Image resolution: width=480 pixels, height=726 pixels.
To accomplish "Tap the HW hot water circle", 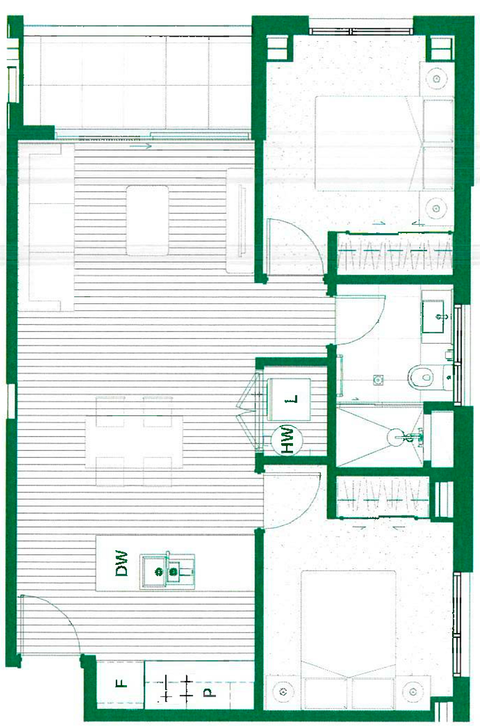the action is (287, 440).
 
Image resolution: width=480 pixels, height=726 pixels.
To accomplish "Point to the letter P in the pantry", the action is (209, 693).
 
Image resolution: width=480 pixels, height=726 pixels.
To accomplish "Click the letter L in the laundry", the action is (291, 399).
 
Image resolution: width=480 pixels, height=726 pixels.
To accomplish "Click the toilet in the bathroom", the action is (430, 378).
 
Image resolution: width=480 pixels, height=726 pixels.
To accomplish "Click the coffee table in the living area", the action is (147, 221).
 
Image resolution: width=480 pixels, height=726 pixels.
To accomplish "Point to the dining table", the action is (134, 441).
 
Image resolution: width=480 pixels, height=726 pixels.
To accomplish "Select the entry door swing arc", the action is (65, 613).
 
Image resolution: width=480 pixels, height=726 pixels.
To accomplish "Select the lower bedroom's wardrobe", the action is (383, 496).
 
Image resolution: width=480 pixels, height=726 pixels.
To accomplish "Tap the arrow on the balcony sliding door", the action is (141, 146).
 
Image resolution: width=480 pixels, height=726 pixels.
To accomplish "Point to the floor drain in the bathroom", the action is (377, 378).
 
